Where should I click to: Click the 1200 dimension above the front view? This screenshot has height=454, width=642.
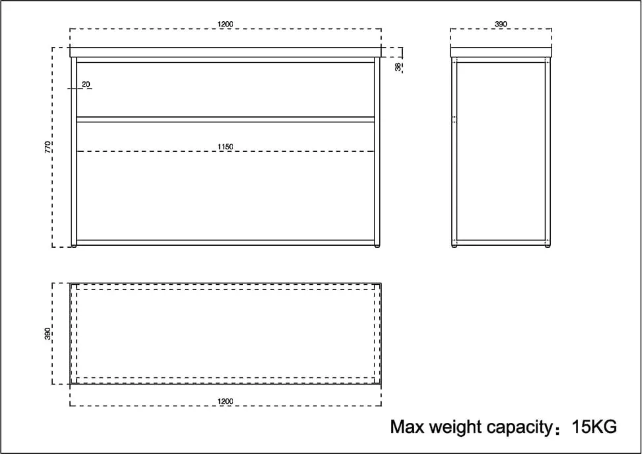[x=225, y=24]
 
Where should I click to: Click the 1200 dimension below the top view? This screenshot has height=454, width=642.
[x=225, y=402]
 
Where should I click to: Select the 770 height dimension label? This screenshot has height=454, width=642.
[x=48, y=147]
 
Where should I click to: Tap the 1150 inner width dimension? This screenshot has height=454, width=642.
[x=225, y=147]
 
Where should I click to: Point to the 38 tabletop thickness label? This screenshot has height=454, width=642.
[x=398, y=66]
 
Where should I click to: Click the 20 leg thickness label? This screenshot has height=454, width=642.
[x=86, y=84]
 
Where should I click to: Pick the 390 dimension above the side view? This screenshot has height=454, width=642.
[x=501, y=24]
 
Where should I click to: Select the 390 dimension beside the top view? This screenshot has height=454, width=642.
[x=48, y=334]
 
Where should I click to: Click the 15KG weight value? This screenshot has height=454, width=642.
[x=594, y=427]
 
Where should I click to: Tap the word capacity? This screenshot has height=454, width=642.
[x=520, y=428]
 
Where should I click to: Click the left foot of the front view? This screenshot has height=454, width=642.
[x=74, y=246]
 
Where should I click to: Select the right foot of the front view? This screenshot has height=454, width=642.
[x=377, y=246]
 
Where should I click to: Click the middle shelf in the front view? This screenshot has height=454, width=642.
[x=225, y=119]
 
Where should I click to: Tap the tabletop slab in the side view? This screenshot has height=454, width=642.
[x=501, y=52]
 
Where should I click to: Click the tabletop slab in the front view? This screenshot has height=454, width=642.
[x=225, y=52]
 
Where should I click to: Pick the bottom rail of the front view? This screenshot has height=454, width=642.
[x=225, y=243]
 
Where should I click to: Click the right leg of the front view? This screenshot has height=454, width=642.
[x=377, y=151]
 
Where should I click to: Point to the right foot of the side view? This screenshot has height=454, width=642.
[x=548, y=246]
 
